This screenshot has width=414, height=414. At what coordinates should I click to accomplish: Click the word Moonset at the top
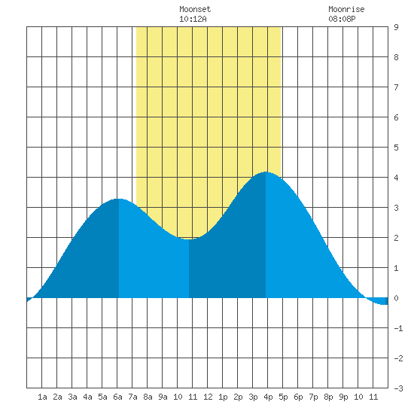[195, 9]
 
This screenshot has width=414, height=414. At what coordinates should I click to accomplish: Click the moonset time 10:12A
[193, 19]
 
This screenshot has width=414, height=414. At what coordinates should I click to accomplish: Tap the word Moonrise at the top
[346, 9]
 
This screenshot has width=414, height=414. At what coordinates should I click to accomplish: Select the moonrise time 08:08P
[342, 19]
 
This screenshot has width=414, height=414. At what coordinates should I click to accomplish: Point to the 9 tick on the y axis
[396, 27]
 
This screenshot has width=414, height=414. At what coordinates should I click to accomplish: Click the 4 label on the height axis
[396, 178]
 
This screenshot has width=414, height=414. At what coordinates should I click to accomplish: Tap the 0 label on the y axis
[396, 298]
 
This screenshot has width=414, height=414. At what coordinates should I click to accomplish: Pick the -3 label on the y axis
[398, 388]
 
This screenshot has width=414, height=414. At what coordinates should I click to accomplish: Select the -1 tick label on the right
[398, 328]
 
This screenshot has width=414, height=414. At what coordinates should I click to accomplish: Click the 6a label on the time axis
[117, 397]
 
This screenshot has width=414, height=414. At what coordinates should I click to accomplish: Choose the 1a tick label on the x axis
[42, 397]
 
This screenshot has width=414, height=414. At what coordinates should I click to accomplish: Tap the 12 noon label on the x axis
[208, 397]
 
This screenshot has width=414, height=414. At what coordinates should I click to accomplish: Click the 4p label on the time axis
[268, 397]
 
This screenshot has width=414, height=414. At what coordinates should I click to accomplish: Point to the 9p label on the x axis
[343, 397]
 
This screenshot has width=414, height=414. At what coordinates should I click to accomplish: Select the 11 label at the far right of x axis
[373, 397]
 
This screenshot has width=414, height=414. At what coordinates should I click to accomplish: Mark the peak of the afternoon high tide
[266, 172]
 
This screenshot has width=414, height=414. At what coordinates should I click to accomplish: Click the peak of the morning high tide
[119, 199]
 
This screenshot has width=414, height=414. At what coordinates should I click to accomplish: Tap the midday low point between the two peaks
[189, 239]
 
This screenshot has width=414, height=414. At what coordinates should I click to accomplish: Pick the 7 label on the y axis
[396, 87]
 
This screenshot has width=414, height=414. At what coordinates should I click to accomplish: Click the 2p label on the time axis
[238, 397]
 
